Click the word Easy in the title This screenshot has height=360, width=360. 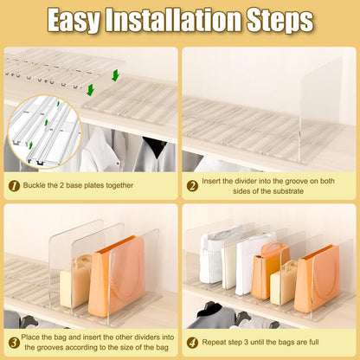coord(74,20)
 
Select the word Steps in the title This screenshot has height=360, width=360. coord(280,20)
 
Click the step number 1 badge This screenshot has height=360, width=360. coord(14,186)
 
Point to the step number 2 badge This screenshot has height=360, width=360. coord(192,186)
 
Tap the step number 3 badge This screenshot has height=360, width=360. coord(14,343)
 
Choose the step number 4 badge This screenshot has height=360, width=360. coord(192,343)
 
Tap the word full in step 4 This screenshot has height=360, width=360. coord(313,342)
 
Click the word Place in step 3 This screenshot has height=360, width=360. coord(30,337)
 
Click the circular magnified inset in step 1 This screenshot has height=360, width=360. coord(45,132)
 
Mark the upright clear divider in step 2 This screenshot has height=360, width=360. coord(321,110)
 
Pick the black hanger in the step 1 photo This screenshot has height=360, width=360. coord(155,145)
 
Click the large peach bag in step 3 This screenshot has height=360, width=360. coord(117,276)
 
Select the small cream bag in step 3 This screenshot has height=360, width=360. coord(75,281)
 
